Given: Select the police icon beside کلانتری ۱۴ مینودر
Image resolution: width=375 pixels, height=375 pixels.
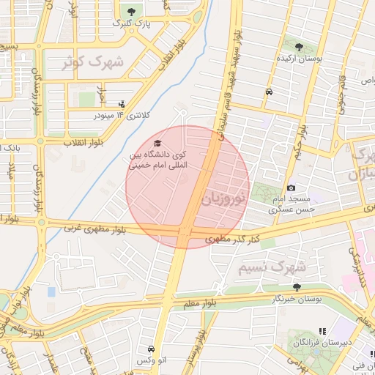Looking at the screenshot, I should point(121,103).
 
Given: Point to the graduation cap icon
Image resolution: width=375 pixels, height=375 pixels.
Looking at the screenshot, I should point(158,143).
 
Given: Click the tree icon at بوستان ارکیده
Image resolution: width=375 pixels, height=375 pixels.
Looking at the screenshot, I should point(297,48).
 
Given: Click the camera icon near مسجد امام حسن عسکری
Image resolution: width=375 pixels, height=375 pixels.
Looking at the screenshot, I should point(292,188).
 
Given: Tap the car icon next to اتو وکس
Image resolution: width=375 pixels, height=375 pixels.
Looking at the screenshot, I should point(151,349).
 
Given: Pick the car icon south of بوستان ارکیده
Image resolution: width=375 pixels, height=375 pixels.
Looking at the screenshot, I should point(270,92).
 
